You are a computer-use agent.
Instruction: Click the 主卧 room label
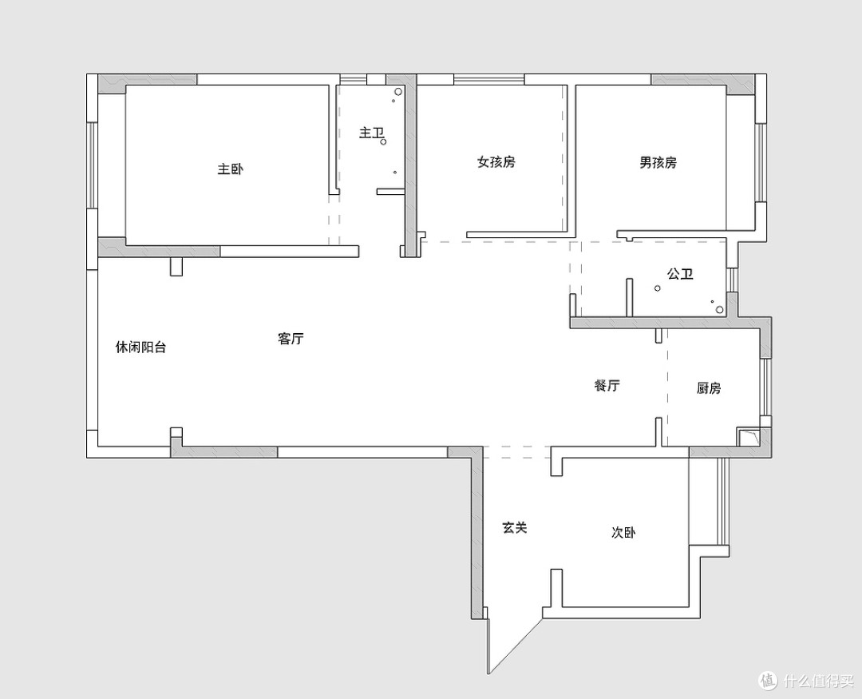pos(231,169)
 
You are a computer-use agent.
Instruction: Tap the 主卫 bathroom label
pos(371,133)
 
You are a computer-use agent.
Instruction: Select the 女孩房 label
pos(496,162)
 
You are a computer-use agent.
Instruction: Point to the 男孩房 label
pos(658,162)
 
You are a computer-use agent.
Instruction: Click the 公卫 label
pos(680,273)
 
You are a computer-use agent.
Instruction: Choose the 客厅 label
pos(291,339)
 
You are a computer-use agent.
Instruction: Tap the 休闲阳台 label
pos(140,348)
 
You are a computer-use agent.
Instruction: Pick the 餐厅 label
pos(607,385)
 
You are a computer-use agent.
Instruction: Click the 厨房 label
pos(709,388)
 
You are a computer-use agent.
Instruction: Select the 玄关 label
pos(515,527)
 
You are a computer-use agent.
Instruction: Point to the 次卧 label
pos(623,533)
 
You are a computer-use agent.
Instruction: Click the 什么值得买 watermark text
pos(820,681)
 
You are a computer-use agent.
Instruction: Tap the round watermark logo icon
pos(769,681)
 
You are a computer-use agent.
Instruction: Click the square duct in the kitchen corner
pos(748,437)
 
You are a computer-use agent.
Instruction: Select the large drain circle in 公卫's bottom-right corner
pos(720,311)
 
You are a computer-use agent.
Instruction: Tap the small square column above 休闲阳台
pos(176,267)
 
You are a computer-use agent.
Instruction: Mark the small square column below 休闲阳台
pos(176,432)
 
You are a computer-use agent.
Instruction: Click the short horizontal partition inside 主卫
pos(391,192)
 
